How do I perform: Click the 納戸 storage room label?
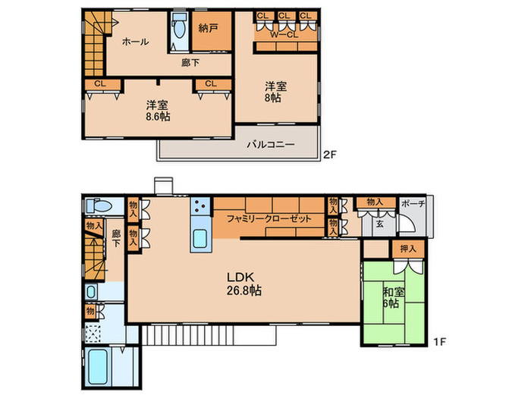[x=208, y=29]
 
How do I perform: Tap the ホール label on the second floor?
[x=136, y=42]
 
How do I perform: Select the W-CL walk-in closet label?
[x=284, y=35]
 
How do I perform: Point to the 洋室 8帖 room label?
[x=275, y=92]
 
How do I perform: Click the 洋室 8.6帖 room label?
[x=158, y=111]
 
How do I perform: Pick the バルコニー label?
[x=271, y=145]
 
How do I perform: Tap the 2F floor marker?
[x=330, y=155]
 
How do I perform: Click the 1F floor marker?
[x=439, y=342]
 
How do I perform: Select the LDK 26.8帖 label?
[x=244, y=284]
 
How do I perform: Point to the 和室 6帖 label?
[x=394, y=297]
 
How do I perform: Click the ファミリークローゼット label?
[x=269, y=218]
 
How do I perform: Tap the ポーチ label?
[x=413, y=204]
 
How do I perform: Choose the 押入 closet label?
[x=408, y=249]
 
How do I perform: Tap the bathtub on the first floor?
[x=98, y=367]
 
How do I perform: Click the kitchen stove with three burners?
[x=200, y=206]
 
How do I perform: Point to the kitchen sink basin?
[x=200, y=238]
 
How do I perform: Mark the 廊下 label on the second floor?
[x=190, y=63]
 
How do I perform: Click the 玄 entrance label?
[x=379, y=224]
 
